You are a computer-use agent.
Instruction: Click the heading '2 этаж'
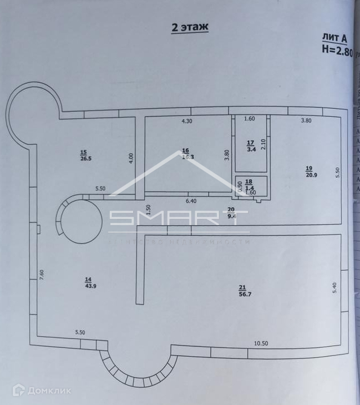coord(190,27)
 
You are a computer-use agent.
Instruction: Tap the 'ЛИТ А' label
coord(334,38)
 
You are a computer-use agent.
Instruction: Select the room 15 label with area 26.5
coord(84,156)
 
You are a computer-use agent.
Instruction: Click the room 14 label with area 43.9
coord(88,282)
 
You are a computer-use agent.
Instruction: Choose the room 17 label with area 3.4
coord(250,145)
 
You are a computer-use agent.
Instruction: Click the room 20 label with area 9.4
coord(231,212)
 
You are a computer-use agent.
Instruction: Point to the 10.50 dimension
coord(261,343)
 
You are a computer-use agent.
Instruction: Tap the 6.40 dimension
coord(191,201)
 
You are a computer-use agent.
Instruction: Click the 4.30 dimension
coord(187,120)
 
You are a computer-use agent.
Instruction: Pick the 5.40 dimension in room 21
coord(334,289)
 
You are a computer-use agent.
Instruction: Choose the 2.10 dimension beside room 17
coord(263,144)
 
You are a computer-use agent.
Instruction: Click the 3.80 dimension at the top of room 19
coord(306,120)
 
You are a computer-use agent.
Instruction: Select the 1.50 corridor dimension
coord(148,209)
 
